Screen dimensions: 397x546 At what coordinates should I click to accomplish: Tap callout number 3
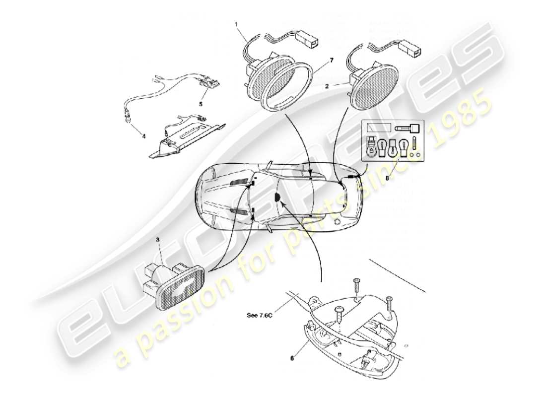pos(157,240)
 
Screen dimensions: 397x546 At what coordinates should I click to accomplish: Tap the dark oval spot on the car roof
pos(278,198)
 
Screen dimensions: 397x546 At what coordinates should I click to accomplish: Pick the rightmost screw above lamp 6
pos(389,301)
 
